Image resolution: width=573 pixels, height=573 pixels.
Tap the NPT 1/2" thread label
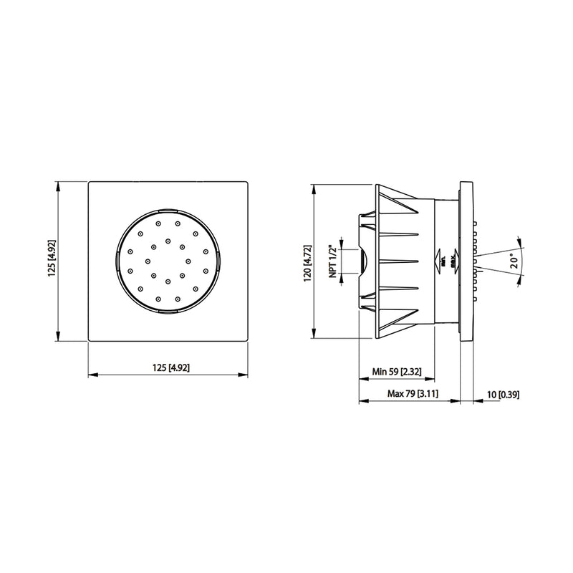click(333, 261)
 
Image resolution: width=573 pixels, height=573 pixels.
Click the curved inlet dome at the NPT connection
click(363, 261)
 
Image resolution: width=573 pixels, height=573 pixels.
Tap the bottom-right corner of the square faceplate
click(248, 342)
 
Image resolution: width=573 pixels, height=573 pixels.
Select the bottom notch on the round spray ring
click(168, 313)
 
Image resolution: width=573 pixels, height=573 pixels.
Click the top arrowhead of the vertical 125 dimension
click(57, 186)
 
